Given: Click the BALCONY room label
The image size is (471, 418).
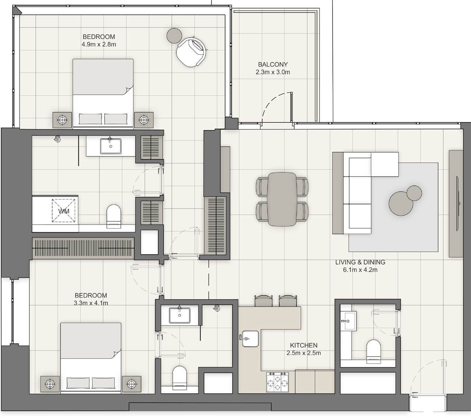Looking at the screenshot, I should pyautogui.click(x=273, y=64).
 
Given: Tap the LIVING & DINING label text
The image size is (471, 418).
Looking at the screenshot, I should pyautogui.click(x=360, y=262).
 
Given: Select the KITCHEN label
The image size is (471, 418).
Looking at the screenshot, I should pyautogui.click(x=304, y=345).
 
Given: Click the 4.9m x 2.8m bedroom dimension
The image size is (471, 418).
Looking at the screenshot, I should pyautogui.click(x=99, y=44).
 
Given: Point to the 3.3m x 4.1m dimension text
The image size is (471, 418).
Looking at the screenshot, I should pyautogui.click(x=91, y=303).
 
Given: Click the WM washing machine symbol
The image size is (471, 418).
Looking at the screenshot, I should pyautogui.click(x=64, y=211).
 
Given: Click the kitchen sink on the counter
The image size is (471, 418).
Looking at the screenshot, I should pyautogui.click(x=251, y=338).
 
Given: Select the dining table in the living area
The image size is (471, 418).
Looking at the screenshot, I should pyautogui.click(x=282, y=199).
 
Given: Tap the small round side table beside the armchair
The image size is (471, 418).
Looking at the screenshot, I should pyautogui.click(x=174, y=35).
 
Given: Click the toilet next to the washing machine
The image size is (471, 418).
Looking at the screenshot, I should pyautogui.click(x=113, y=215).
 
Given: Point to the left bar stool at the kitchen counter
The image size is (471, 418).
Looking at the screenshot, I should pyautogui.click(x=263, y=301).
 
